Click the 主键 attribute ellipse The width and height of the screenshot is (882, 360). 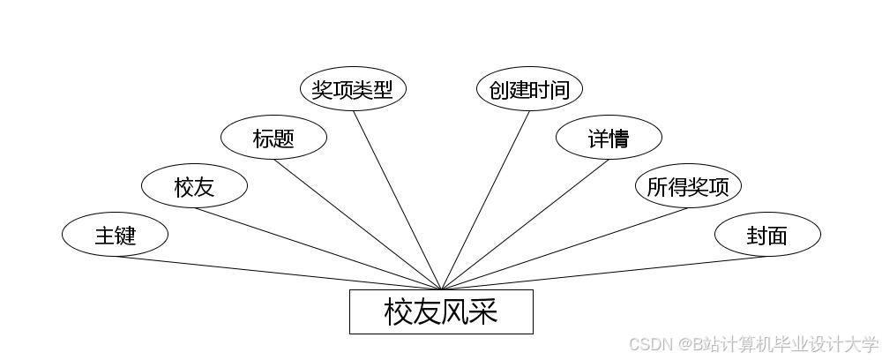115,236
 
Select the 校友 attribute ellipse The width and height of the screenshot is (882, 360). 194,186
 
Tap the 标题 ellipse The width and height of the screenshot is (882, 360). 273,138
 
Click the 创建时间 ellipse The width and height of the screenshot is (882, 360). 529,89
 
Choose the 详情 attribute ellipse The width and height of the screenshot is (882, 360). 609,138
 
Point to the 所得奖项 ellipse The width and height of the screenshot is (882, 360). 688,186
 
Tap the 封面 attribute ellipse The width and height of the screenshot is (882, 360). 767,236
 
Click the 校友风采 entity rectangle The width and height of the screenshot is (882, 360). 441,311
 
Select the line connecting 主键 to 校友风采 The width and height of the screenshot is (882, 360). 278,273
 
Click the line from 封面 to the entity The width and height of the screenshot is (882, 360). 604,273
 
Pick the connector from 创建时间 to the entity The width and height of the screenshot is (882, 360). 485,199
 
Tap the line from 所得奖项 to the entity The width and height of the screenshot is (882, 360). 564,248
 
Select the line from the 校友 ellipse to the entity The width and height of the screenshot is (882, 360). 318,248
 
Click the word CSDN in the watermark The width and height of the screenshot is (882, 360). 647,343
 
